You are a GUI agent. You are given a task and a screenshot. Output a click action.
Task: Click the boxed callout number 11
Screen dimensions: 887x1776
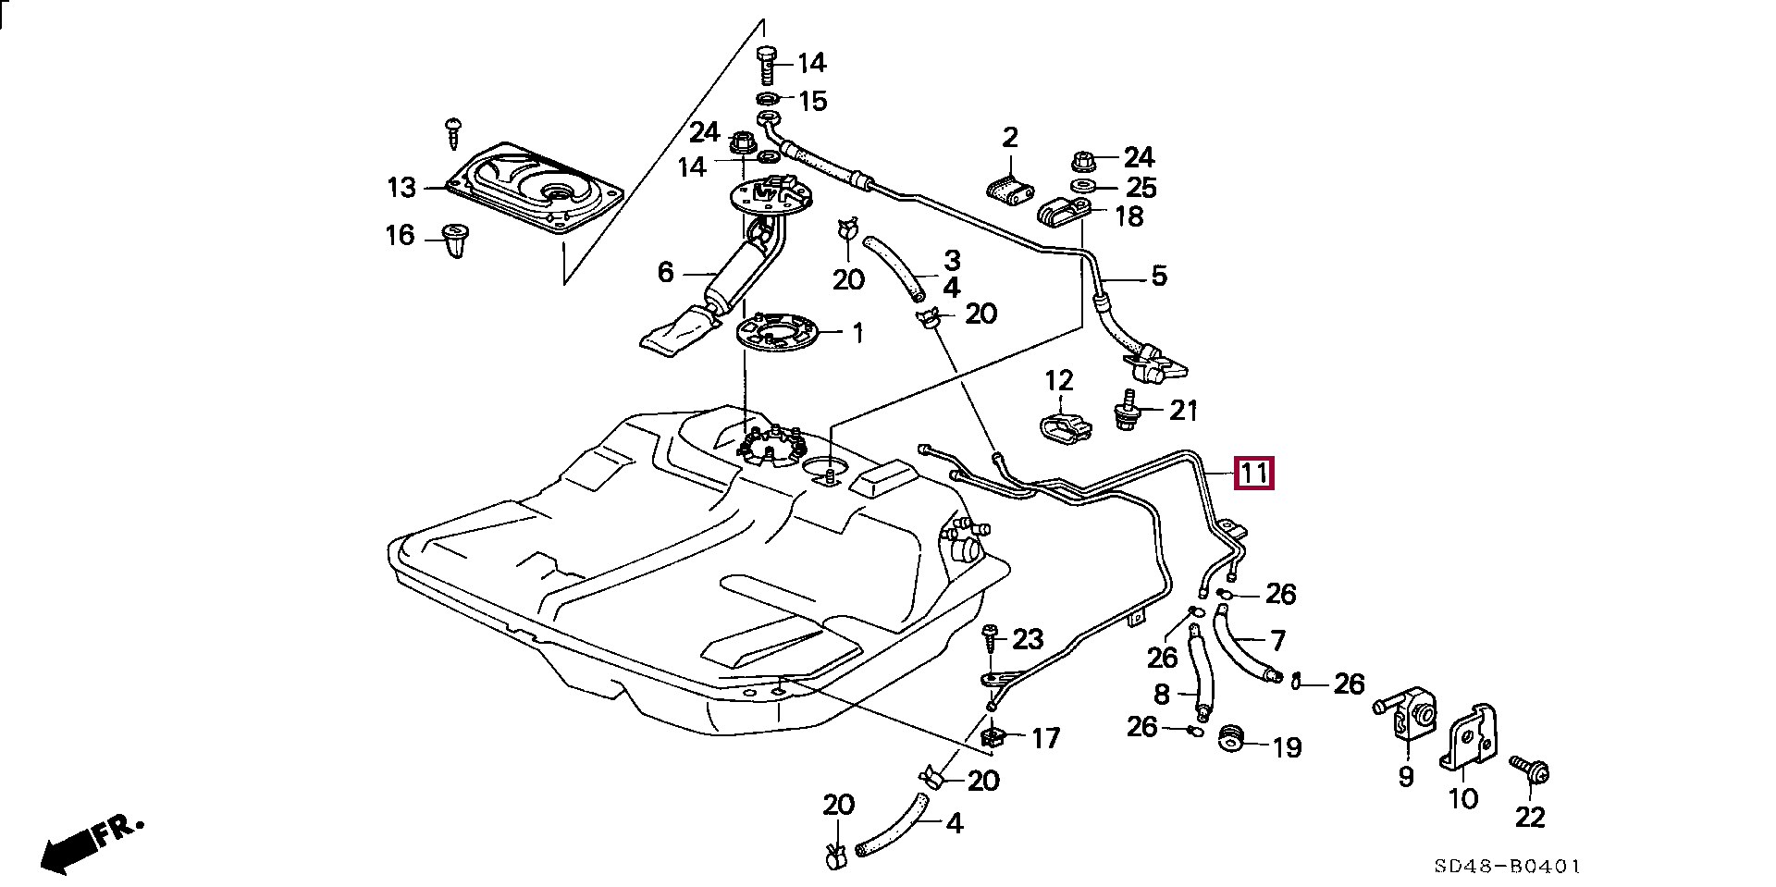click(1253, 474)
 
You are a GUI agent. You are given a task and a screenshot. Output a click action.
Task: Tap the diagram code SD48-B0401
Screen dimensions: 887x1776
click(1508, 867)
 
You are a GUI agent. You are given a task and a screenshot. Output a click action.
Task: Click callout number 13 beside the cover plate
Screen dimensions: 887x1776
click(401, 189)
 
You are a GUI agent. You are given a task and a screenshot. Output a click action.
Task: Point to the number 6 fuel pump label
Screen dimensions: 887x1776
click(665, 273)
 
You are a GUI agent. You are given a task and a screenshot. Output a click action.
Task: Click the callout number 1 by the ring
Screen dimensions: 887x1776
click(857, 333)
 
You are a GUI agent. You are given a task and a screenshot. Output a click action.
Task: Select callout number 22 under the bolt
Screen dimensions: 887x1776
click(1530, 818)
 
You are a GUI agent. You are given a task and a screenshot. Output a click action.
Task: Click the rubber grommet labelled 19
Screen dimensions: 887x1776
click(1230, 740)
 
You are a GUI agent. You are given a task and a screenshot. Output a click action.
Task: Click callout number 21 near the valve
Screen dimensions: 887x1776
click(1184, 410)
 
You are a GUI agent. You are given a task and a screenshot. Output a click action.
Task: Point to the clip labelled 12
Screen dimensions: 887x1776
click(1064, 427)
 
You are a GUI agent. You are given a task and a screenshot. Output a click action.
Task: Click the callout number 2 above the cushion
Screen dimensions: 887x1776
click(1010, 139)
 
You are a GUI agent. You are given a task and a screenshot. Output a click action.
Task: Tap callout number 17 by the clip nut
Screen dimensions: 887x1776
click(1045, 738)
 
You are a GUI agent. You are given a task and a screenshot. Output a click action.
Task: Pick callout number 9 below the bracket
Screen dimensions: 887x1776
click(1406, 777)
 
